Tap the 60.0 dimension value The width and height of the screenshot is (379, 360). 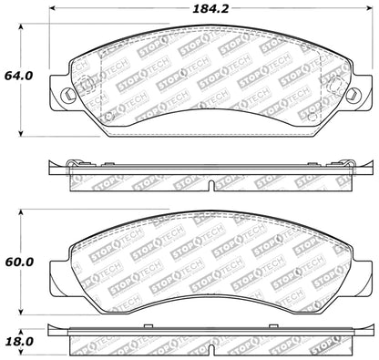15,262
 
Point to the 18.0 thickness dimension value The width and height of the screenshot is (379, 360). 15,342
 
